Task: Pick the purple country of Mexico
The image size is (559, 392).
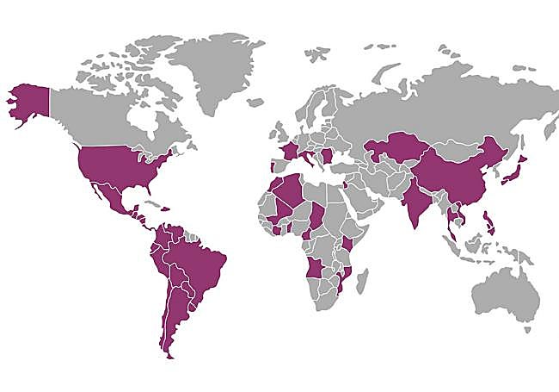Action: coord(107,195)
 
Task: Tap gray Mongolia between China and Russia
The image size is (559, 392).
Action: coord(447,146)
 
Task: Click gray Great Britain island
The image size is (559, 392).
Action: coord(277,134)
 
